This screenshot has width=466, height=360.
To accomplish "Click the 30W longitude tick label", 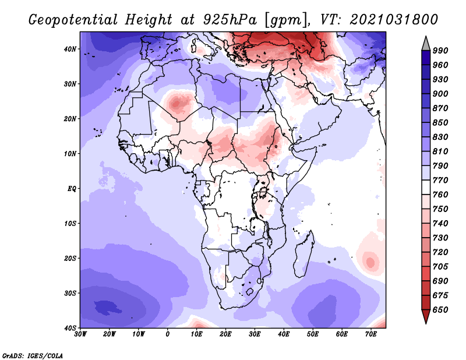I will tap(80, 334).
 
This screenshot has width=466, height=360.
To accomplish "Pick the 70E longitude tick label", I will tap(371, 334).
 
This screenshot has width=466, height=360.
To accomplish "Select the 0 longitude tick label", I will tap(168, 334).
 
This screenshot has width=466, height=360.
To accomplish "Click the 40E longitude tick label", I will tap(284, 334).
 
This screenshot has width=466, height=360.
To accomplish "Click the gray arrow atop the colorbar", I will tap(425, 43).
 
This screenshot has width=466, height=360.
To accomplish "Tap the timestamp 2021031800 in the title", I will tap(394, 19).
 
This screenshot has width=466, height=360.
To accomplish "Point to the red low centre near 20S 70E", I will tap(370, 262).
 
